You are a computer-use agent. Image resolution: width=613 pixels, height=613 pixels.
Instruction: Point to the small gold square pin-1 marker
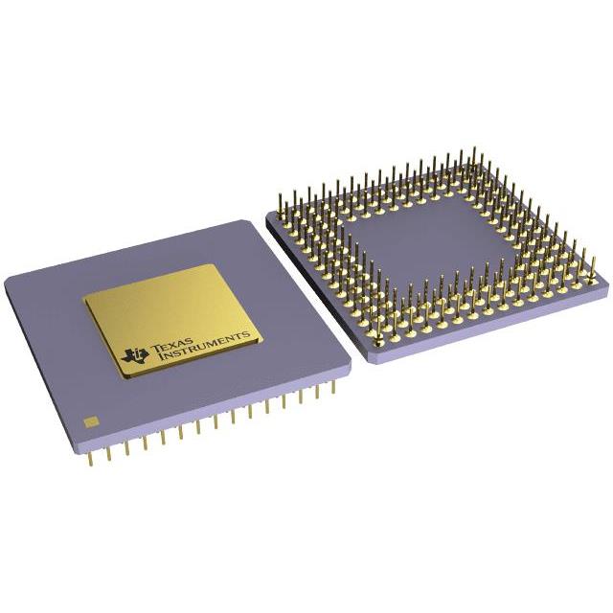coord(92,420)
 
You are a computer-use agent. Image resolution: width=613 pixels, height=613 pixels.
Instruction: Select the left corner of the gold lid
coord(84,299)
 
